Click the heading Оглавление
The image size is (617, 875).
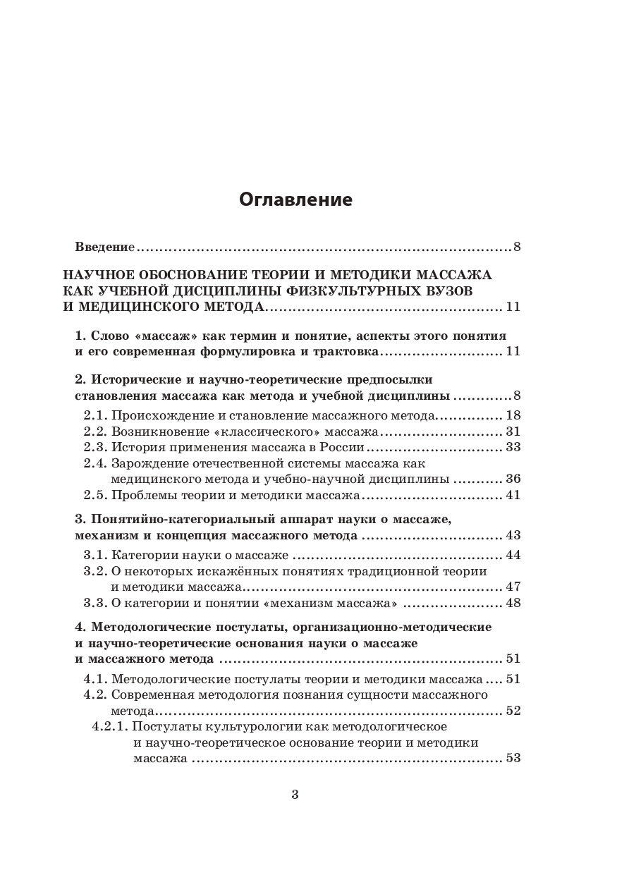295,200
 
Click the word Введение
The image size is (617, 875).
105,247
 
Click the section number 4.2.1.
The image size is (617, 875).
109,726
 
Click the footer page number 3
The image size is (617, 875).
295,795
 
